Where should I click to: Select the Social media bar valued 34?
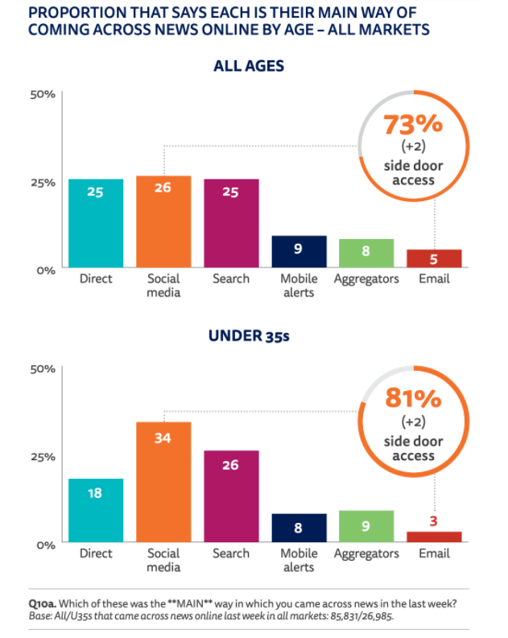coord(163,483)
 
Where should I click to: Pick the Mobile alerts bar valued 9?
coord(299,253)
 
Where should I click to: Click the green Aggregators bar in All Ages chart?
coord(366,254)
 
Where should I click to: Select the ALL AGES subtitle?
coord(249,65)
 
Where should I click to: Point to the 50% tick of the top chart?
coord(43,94)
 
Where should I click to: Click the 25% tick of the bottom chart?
coord(43,456)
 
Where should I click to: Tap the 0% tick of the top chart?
coord(45,270)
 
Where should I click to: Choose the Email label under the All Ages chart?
coord(434,279)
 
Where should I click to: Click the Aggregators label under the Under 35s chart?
coord(366,554)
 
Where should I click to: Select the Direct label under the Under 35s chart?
coord(96,554)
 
